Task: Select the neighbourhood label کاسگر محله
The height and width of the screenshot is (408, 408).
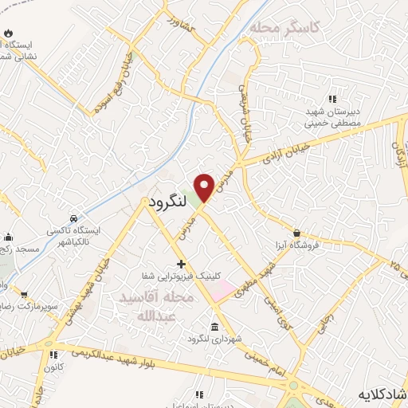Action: [x=284, y=28]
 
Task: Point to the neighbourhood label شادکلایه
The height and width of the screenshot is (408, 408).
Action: [x=382, y=394]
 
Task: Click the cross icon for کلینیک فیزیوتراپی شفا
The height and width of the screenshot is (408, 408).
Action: [x=182, y=264]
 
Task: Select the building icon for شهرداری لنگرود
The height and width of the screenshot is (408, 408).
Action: [x=214, y=327]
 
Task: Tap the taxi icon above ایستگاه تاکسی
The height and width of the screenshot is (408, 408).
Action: [x=74, y=218]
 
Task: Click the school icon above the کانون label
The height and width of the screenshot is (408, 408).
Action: [x=53, y=355]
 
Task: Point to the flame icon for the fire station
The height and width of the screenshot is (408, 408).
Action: [x=9, y=33]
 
